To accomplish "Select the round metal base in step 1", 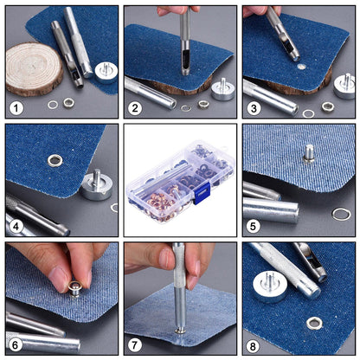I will [x=106, y=70].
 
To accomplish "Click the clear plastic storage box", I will [x=179, y=179].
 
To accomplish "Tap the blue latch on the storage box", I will [x=202, y=196].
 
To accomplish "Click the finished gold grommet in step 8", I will [x=314, y=324].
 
